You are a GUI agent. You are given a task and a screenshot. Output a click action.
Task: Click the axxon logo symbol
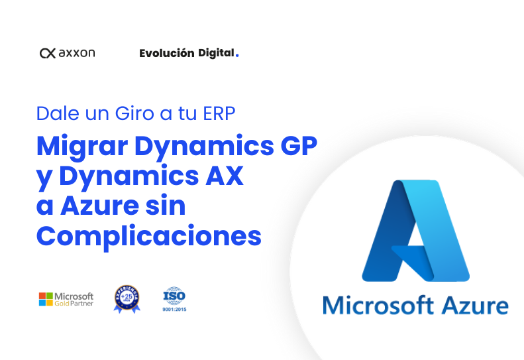pyautogui.click(x=48, y=53)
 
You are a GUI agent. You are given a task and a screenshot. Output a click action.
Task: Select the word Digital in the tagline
pyautogui.click(x=216, y=53)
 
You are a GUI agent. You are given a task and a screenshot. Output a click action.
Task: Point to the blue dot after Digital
pyautogui.click(x=237, y=56)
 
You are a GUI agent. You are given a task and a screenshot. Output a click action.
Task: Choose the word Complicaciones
pyautogui.click(x=149, y=235)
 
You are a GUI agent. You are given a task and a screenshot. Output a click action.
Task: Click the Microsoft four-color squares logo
pyautogui.click(x=46, y=299)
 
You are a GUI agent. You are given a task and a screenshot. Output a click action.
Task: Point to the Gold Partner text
pyautogui.click(x=74, y=304)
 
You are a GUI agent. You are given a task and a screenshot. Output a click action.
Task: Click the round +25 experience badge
pyautogui.click(x=127, y=298)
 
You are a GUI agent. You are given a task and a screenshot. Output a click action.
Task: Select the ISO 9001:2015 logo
pyautogui.click(x=175, y=299)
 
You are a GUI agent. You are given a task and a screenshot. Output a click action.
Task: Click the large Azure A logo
pyautogui.click(x=415, y=229)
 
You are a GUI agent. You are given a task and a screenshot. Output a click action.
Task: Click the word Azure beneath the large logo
pyautogui.click(x=475, y=306)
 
